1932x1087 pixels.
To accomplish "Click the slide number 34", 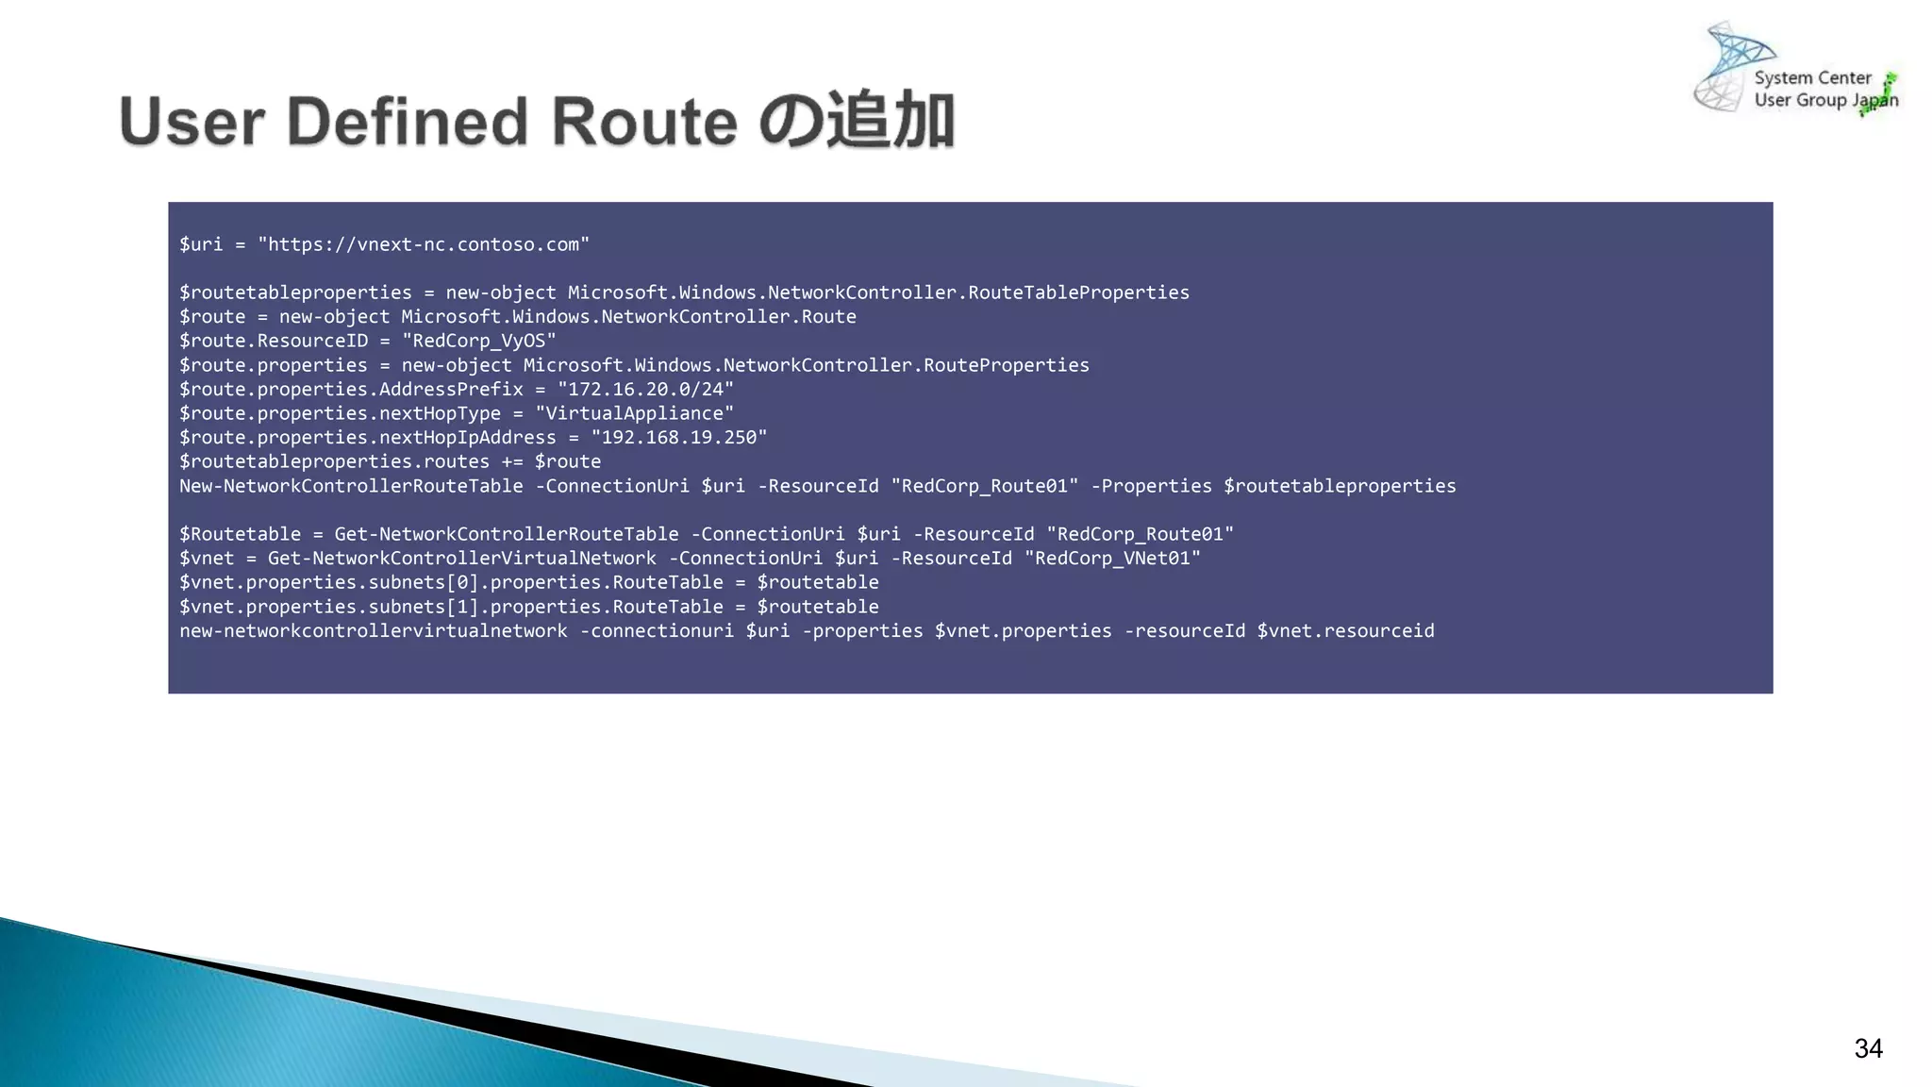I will (1868, 1048).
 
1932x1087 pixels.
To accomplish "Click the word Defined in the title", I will (407, 123).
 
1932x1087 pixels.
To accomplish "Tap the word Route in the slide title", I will (643, 123).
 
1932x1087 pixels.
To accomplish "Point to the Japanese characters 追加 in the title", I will (891, 121).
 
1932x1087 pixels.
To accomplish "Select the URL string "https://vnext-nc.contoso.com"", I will (424, 244).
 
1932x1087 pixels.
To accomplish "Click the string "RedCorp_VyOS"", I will (479, 341).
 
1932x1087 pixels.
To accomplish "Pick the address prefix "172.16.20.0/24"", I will (645, 389).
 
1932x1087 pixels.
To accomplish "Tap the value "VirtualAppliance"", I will (634, 413).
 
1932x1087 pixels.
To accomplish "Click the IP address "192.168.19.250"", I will (678, 438).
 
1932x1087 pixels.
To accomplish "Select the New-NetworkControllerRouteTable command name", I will (351, 486).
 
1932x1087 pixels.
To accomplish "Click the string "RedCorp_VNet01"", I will (1112, 559).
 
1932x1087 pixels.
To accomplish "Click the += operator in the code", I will (511, 461).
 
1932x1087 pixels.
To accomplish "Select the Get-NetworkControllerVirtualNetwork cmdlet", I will (461, 559).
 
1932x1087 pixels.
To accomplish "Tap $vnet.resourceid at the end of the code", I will (1345, 631).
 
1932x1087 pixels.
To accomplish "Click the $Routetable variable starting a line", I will (240, 534).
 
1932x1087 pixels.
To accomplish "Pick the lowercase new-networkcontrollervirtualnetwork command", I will (374, 631).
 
